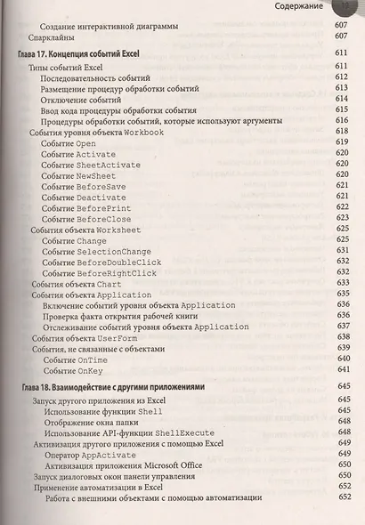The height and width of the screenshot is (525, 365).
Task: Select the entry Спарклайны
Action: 56,38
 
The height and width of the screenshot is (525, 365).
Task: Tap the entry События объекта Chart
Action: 76,284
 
